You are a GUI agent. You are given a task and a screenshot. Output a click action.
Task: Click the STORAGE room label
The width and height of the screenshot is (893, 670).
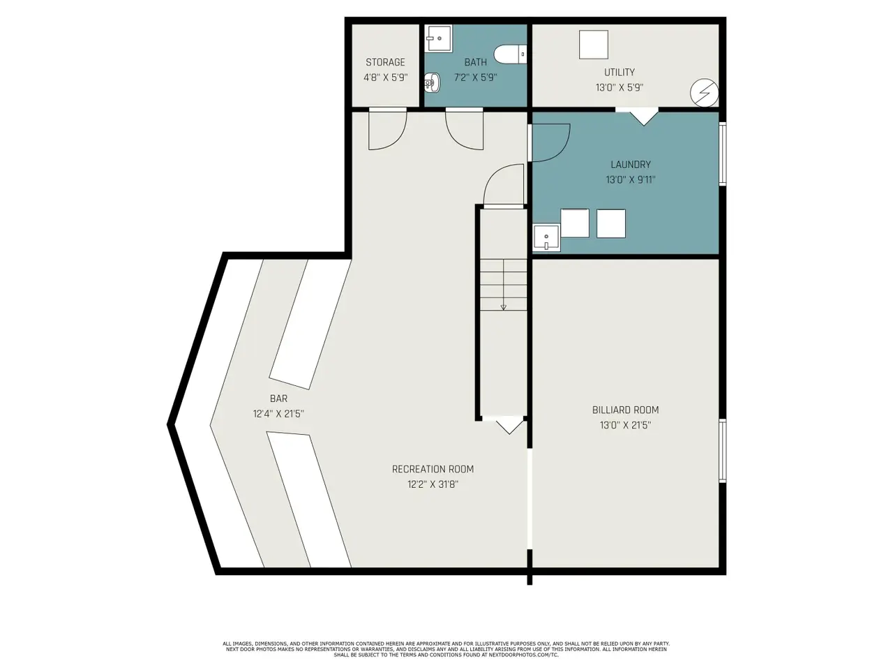385,62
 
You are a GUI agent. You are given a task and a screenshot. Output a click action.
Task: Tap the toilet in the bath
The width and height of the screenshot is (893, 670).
510,54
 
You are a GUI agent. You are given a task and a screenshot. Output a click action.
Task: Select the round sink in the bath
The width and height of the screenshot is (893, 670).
432,83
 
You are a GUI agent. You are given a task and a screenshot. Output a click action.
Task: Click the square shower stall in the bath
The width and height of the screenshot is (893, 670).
439,38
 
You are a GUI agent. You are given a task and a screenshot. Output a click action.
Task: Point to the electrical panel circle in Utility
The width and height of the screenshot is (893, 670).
704,93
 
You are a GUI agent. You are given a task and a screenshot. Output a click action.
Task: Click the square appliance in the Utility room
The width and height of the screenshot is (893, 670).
594,45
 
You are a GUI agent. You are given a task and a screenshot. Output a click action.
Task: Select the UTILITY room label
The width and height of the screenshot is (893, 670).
620,72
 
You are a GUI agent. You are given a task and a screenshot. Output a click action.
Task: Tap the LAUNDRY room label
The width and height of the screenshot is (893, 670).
631,164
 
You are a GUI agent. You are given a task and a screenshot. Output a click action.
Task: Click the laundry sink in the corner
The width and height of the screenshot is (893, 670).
546,237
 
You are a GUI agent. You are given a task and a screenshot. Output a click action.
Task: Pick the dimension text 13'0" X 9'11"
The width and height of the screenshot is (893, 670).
631,180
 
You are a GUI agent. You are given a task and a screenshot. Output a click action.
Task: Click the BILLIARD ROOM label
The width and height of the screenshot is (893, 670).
625,410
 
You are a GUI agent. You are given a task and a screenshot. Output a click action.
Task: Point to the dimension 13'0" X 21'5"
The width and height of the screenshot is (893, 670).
625,425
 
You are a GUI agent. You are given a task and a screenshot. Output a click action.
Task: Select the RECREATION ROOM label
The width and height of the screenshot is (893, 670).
433,469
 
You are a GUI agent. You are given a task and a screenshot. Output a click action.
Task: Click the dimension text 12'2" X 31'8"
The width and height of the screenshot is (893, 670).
433,484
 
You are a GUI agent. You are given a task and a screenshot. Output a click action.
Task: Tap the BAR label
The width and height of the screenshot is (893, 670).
278,399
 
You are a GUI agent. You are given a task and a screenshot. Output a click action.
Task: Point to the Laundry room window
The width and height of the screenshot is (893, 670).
723,154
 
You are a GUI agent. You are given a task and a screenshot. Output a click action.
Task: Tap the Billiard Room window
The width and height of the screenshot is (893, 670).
723,451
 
